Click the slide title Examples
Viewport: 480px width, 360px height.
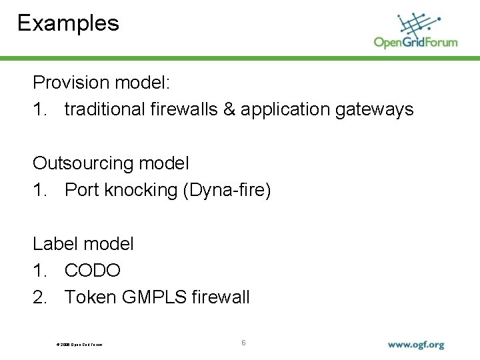(68, 23)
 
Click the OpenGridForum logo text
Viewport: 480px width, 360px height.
(415, 42)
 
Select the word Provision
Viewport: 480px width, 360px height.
(71, 83)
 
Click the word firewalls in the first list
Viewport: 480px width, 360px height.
(182, 109)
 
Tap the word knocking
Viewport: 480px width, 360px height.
(143, 190)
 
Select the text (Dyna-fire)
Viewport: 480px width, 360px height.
(227, 190)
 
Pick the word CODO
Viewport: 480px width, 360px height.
(93, 271)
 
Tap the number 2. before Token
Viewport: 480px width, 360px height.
(40, 297)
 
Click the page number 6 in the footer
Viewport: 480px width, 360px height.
(243, 343)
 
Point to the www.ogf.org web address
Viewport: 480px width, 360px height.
(416, 345)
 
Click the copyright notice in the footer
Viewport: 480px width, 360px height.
(79, 345)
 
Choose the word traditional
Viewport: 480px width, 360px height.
(104, 109)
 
